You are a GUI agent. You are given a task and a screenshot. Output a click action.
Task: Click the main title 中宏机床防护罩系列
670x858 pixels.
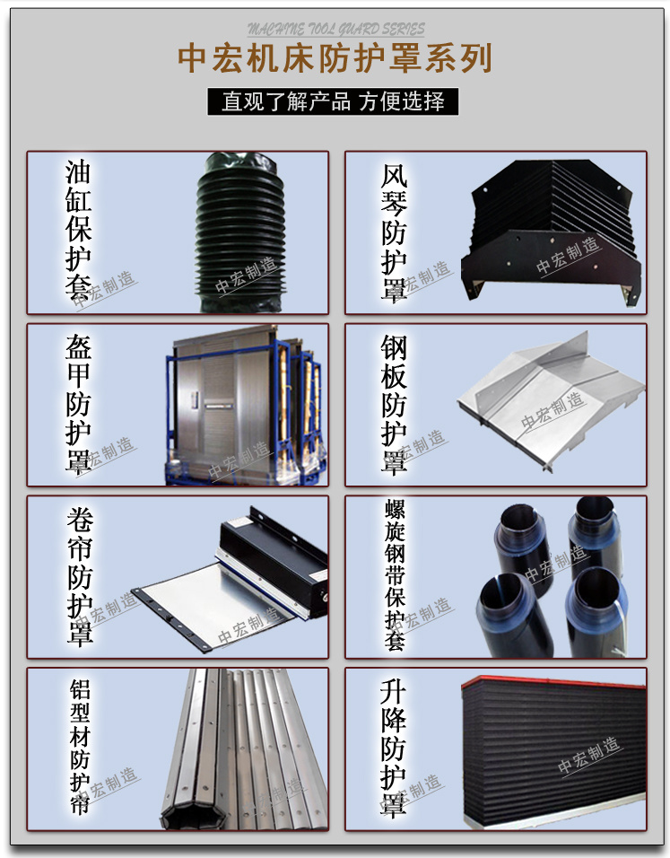[x=335, y=58]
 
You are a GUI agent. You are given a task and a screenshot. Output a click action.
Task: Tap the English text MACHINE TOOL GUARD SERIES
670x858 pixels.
[x=335, y=29]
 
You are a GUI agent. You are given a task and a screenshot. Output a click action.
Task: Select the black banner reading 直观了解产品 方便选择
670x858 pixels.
[x=333, y=101]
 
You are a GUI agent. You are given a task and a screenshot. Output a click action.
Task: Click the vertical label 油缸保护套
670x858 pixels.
[x=78, y=231]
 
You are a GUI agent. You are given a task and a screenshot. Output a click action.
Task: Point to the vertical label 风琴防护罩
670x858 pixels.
[x=394, y=232]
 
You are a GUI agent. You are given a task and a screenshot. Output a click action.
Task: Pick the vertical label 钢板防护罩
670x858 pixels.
[x=394, y=405]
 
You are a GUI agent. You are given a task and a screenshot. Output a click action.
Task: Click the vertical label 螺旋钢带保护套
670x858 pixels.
[x=395, y=574]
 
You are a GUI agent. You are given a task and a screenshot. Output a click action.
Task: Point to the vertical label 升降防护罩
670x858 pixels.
[x=394, y=748]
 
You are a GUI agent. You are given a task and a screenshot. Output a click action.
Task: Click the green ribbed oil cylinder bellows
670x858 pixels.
[x=239, y=232]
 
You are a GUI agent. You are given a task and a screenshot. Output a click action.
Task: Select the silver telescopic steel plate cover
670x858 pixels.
[x=551, y=402]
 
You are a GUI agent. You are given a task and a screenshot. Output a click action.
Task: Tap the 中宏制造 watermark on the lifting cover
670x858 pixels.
[x=589, y=756]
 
